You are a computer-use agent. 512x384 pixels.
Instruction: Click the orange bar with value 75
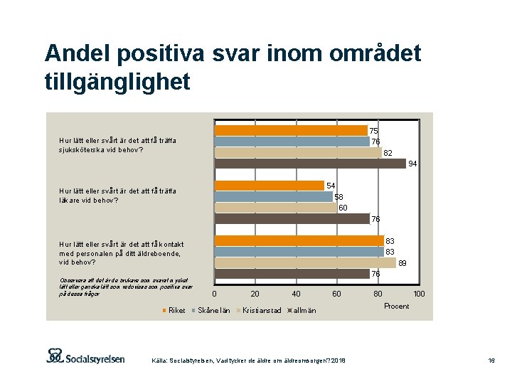point(291,130)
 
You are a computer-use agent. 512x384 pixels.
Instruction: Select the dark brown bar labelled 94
point(310,163)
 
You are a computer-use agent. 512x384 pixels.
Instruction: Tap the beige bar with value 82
point(298,152)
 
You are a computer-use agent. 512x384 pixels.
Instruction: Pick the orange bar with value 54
point(270,186)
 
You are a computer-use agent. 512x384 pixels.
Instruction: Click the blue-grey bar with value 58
point(274,197)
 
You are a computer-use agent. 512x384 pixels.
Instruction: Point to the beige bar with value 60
point(276,208)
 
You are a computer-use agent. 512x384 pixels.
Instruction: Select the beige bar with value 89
point(305,262)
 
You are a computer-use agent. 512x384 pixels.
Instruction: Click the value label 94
point(412,164)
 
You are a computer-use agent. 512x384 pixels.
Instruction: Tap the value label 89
point(402,263)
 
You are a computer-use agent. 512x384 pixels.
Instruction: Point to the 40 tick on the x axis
point(297,294)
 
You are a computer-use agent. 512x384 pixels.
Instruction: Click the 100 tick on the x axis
point(420,294)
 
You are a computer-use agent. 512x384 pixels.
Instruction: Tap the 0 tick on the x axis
point(215,294)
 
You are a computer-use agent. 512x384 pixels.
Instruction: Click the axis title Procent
point(396,306)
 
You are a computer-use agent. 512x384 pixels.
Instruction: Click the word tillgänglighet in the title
point(117,82)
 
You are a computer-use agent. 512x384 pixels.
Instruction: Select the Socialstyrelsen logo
point(85,357)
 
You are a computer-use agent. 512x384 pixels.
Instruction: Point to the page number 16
point(491,361)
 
